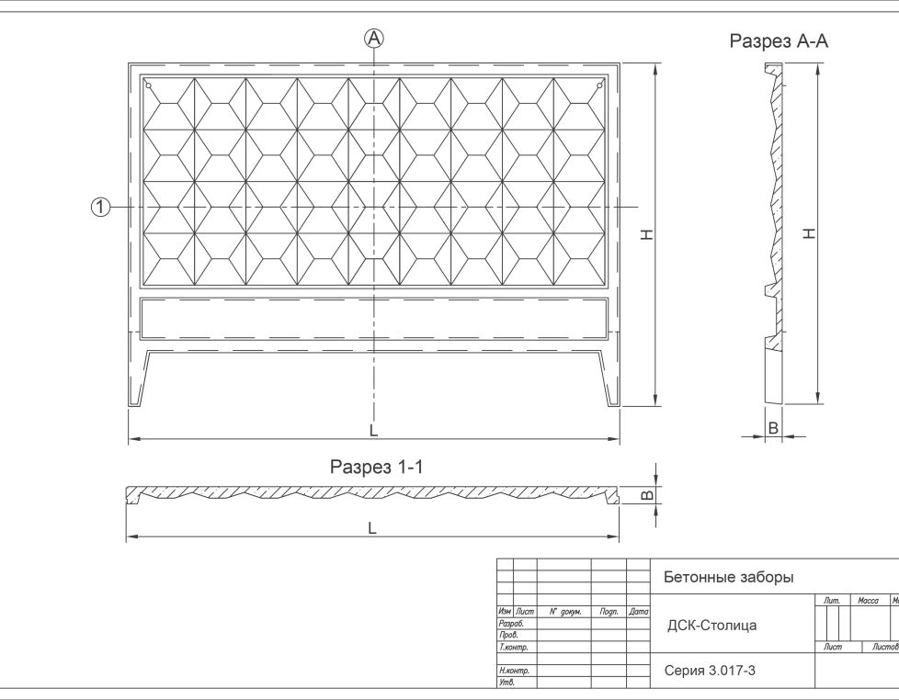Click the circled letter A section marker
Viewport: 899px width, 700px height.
point(374,38)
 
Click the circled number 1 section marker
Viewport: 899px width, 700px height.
point(100,208)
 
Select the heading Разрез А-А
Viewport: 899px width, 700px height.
point(780,41)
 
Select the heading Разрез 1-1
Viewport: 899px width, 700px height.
point(376,468)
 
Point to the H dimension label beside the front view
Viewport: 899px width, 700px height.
point(646,235)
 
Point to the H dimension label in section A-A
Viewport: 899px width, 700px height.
point(809,233)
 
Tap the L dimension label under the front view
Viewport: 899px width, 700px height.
point(373,430)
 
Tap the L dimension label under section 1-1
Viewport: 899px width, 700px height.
point(372,528)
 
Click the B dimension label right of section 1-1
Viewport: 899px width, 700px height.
point(646,495)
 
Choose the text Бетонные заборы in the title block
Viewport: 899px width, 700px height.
point(728,578)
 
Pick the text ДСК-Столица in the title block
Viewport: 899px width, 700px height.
point(712,626)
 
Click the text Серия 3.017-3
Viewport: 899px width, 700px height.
point(710,671)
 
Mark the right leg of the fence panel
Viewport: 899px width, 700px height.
point(609,377)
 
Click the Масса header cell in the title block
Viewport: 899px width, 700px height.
point(868,601)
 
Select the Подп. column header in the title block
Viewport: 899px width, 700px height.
point(608,611)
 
